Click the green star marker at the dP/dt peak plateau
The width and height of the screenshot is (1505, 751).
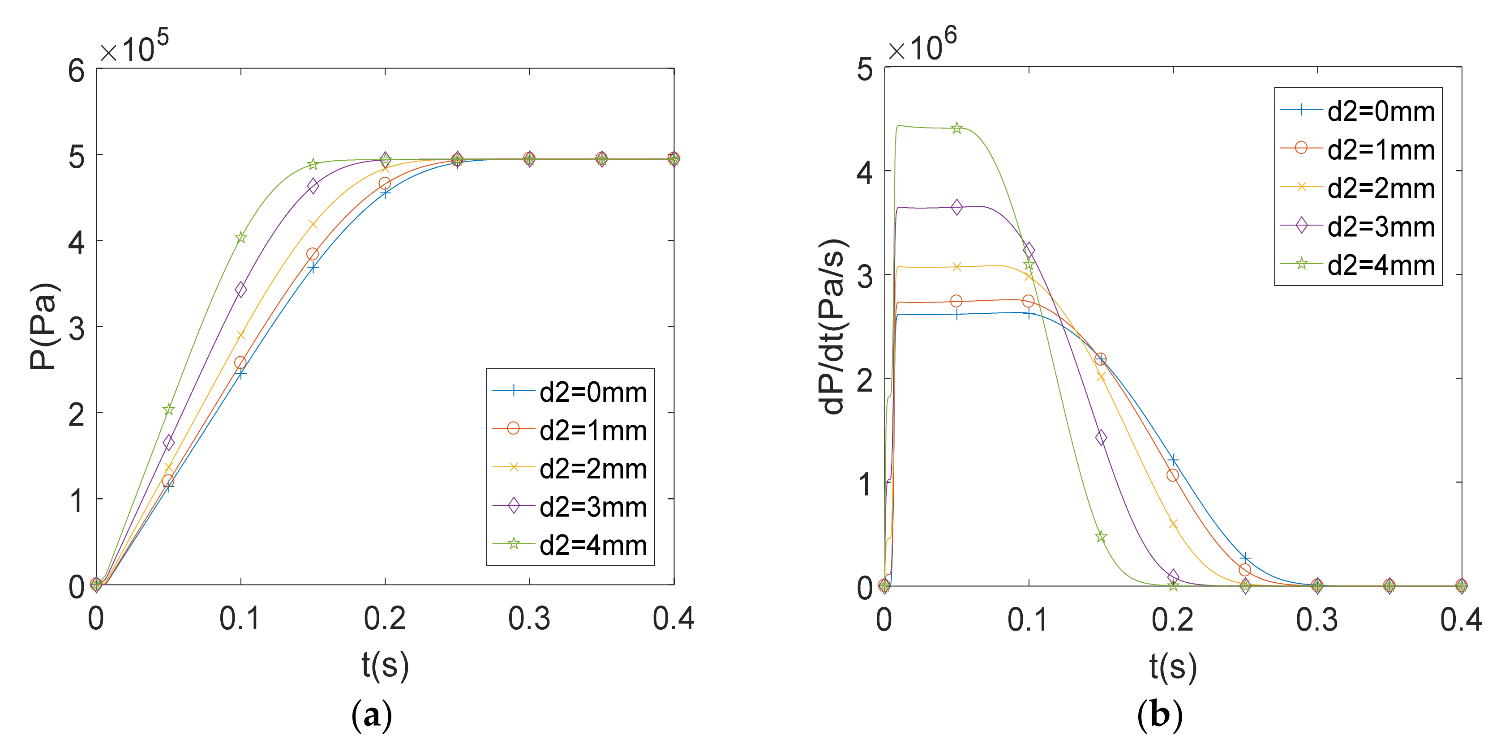click(x=956, y=128)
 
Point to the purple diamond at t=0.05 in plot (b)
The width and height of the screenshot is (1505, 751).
click(x=956, y=207)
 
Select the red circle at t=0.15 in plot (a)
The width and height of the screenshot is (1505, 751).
click(x=313, y=254)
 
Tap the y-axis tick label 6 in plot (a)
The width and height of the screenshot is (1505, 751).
click(x=77, y=71)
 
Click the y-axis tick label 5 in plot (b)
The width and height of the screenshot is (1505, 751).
click(x=865, y=70)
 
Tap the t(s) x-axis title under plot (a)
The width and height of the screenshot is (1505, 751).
click(x=385, y=665)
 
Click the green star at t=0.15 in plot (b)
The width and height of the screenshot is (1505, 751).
click(x=1101, y=537)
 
